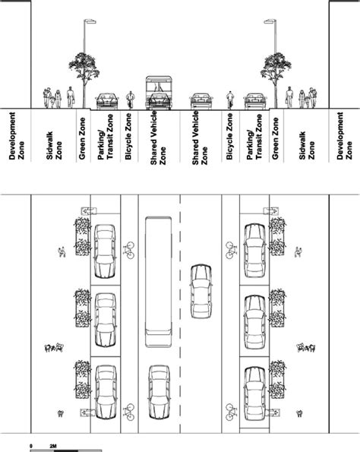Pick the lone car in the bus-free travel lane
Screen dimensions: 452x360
pyautogui.click(x=201, y=291)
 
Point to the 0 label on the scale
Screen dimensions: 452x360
pyautogui.click(x=31, y=442)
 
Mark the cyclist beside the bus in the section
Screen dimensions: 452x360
pyautogui.click(x=130, y=99)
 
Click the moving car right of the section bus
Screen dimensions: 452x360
pyautogui.click(x=201, y=100)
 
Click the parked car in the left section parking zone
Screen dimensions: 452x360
pyautogui.click(x=106, y=100)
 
